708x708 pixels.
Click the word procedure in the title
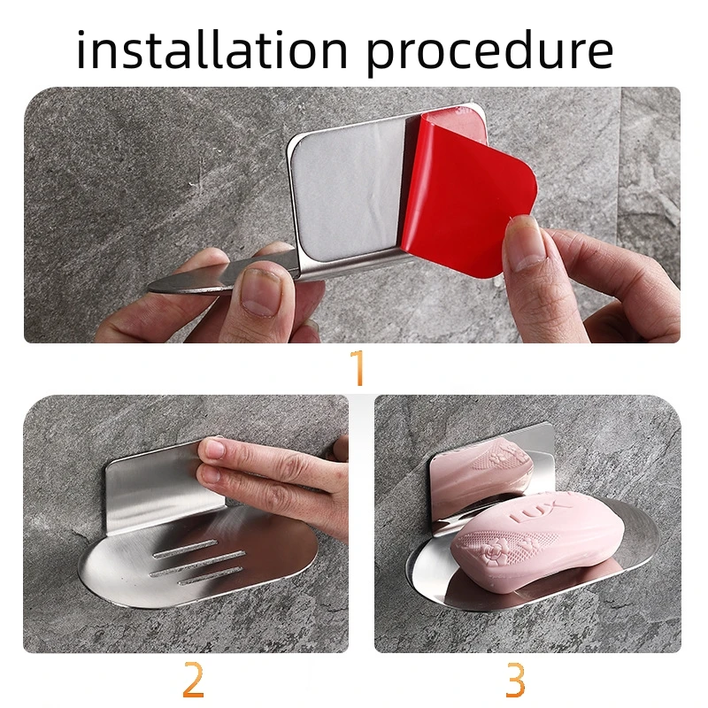(x=490, y=52)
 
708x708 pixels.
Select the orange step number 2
(x=193, y=679)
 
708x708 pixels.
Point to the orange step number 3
(x=515, y=680)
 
